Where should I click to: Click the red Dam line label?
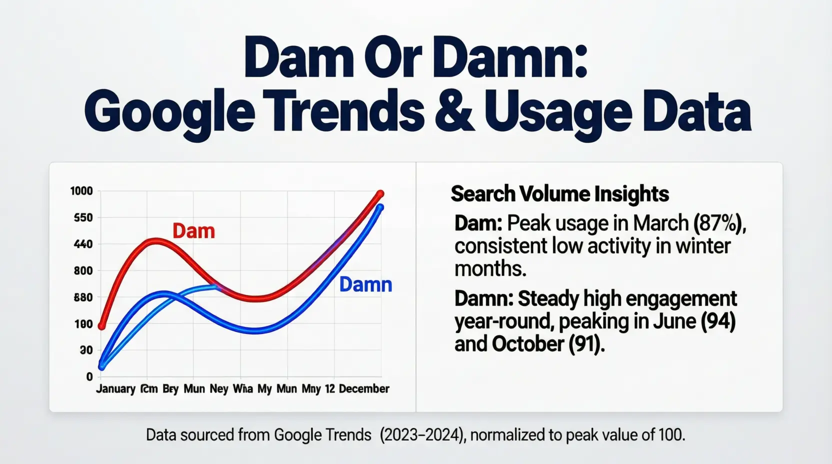point(193,231)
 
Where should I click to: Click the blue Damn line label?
point(365,284)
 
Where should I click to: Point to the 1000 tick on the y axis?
point(81,191)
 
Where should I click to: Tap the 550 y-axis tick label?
point(83,218)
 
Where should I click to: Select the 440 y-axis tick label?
point(83,244)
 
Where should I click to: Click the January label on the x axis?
point(115,389)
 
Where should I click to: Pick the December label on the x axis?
point(364,389)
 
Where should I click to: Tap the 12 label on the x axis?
point(329,389)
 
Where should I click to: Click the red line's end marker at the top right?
point(380,194)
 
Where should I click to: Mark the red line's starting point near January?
point(102,326)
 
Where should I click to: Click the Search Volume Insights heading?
point(559,194)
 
